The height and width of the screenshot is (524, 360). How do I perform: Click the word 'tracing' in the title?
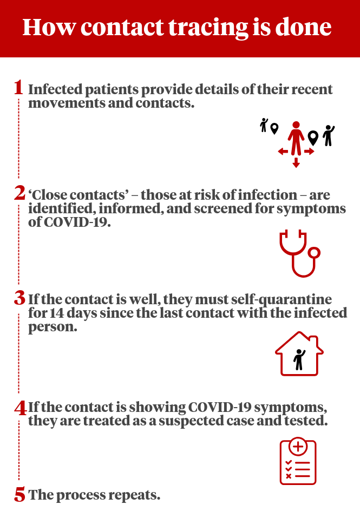(208, 28)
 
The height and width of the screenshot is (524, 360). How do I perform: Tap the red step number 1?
(19, 88)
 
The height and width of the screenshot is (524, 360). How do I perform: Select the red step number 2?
(19, 193)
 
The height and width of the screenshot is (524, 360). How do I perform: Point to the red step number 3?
(19, 298)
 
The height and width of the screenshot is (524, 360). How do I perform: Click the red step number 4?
(21, 408)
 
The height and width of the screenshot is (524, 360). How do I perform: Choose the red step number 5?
(19, 495)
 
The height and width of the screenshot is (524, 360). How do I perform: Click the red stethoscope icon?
(300, 253)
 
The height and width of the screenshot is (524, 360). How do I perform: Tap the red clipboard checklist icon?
(298, 461)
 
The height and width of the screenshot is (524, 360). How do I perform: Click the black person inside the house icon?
(299, 359)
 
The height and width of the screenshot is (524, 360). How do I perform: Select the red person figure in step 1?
(296, 138)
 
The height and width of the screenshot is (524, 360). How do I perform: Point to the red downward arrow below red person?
(296, 162)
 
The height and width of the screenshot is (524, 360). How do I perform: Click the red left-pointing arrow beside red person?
(283, 152)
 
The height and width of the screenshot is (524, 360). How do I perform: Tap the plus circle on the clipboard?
(298, 447)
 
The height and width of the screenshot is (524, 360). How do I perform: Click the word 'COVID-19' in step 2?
(77, 222)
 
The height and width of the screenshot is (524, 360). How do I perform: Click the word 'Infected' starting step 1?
(55, 89)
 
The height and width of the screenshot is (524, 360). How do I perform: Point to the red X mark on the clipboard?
(289, 476)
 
